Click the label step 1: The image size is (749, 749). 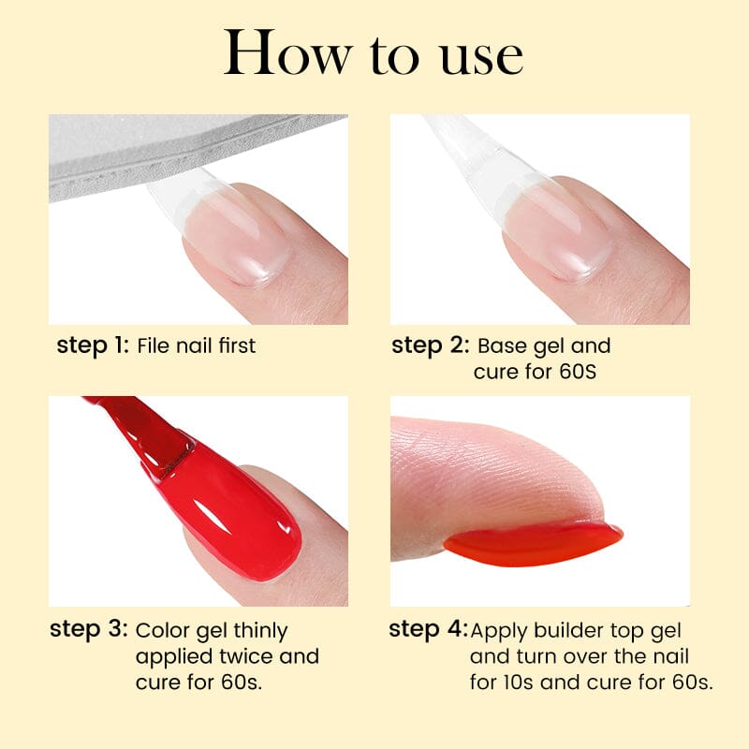tap(93, 345)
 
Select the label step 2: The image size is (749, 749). tap(430, 345)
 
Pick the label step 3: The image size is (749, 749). tap(88, 630)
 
